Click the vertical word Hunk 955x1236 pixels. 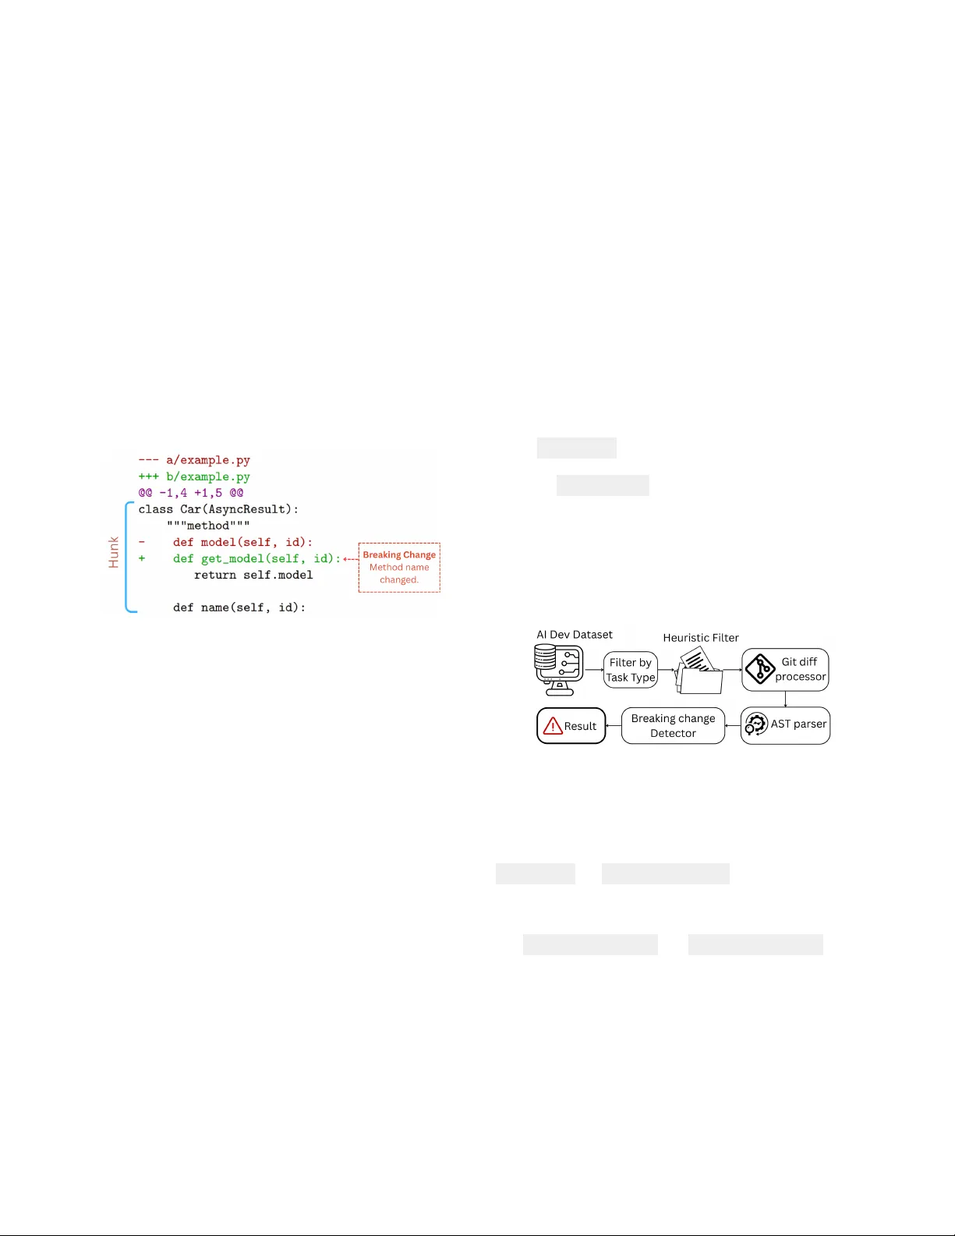click(114, 552)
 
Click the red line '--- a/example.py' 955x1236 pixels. click(194, 460)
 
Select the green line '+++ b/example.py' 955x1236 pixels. click(194, 476)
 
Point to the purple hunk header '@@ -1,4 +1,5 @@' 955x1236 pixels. click(191, 493)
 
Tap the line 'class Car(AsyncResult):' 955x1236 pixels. click(218, 509)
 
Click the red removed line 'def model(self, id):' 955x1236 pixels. click(242, 542)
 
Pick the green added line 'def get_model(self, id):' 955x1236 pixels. click(256, 558)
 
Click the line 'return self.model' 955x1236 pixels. click(253, 575)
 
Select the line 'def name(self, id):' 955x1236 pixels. click(239, 607)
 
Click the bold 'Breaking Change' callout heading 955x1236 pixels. click(399, 554)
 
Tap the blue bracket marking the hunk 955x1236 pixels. click(126, 557)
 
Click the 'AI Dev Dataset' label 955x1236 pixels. click(575, 635)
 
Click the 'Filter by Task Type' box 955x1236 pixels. click(631, 670)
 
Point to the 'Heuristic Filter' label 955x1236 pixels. click(701, 638)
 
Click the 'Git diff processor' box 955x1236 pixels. click(785, 669)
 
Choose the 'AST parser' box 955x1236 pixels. click(785, 725)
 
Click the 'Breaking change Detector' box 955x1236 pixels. click(673, 725)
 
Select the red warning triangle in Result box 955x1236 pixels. click(553, 726)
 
